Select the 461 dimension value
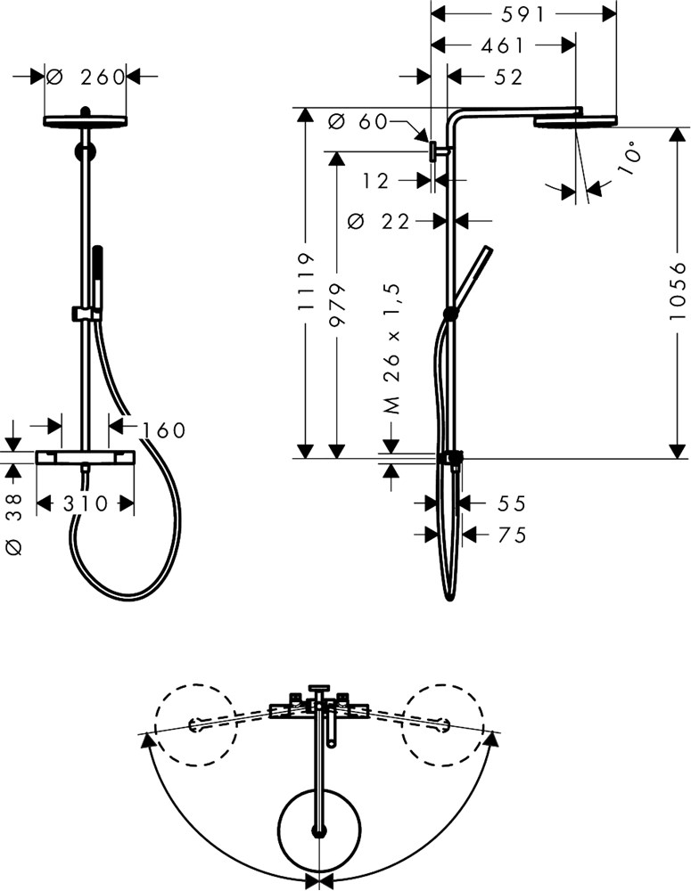tap(502, 45)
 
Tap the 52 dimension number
tap(508, 77)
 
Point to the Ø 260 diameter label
tap(86, 76)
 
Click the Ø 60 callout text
tap(358, 121)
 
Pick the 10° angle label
tap(629, 161)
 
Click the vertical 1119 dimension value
tap(306, 282)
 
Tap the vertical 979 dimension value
tap(337, 305)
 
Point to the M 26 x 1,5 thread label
tap(392, 349)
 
